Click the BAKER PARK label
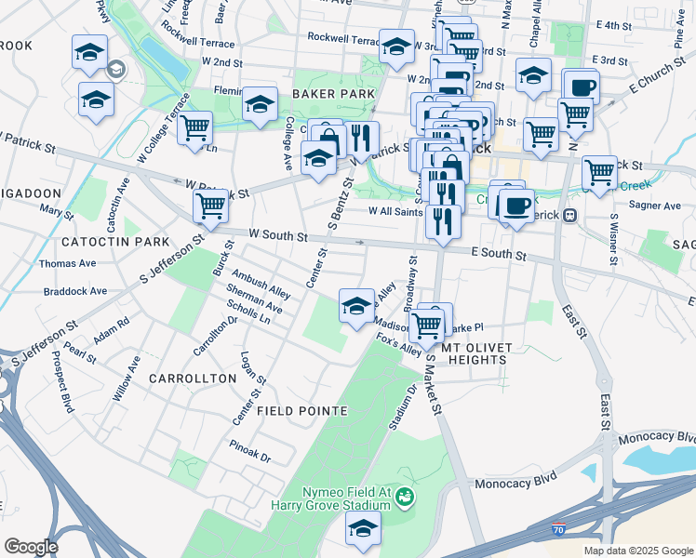(x=333, y=94)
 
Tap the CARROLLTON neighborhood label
(x=193, y=379)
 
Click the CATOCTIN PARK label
(x=115, y=242)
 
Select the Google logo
(x=31, y=547)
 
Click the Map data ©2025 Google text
(x=638, y=551)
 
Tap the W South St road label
(x=277, y=236)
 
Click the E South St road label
(x=498, y=253)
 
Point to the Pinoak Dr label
(x=251, y=458)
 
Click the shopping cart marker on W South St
(x=211, y=206)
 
